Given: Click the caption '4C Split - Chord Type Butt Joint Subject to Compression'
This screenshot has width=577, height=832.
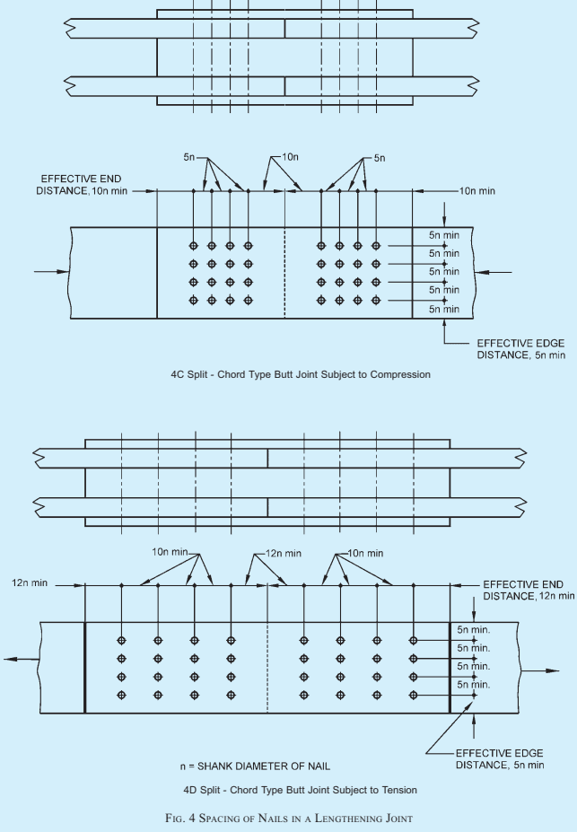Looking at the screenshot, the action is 301,374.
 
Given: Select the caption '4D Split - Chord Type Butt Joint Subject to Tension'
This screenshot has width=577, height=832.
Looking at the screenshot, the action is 301,790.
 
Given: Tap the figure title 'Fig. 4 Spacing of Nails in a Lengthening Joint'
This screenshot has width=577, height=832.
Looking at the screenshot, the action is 289,818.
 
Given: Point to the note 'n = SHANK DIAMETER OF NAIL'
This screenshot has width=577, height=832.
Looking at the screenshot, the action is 255,766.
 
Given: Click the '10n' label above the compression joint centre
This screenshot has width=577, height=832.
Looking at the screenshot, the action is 290,157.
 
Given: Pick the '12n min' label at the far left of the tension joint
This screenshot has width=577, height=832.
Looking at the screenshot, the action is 30,583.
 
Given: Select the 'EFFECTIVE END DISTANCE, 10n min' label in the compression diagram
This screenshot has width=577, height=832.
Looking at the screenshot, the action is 82,185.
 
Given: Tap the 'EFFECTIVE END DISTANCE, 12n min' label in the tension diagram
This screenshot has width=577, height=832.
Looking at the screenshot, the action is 529,590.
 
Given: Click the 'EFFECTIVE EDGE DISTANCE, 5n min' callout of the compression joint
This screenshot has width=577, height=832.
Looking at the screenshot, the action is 520,349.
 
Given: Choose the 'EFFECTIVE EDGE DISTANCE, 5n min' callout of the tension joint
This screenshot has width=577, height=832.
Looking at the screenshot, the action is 500,758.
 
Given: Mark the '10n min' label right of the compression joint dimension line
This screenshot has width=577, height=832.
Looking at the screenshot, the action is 477,191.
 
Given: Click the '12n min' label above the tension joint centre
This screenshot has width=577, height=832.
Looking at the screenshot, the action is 284,554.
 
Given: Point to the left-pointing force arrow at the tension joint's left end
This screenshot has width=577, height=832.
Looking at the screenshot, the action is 22,659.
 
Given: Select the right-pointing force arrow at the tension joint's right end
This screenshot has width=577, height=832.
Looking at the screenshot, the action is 539,670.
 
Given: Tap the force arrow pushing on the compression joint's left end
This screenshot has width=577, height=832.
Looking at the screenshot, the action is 52,272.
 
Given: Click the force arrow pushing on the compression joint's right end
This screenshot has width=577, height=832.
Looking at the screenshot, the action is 493,272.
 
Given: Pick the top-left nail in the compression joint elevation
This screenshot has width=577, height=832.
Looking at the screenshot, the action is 194,246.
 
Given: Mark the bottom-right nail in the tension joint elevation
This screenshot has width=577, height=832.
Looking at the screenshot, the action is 414,695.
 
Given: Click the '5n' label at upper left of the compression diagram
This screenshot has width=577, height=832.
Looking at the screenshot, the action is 189,158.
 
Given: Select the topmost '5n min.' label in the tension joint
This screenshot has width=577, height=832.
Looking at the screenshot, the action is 474,630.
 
